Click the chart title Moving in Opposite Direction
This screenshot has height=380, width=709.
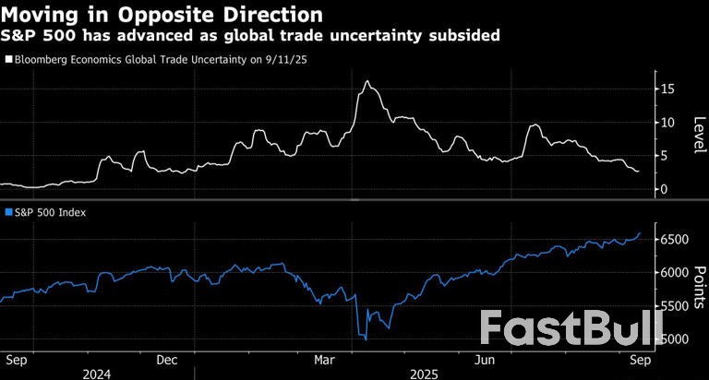(x=162, y=15)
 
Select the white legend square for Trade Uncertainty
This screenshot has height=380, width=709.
(x=8, y=59)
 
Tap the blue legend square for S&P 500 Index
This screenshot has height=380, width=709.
(x=8, y=213)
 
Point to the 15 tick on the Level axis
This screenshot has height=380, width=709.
(x=668, y=89)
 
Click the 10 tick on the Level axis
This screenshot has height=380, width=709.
(x=668, y=123)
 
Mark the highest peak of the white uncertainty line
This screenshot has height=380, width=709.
(x=367, y=81)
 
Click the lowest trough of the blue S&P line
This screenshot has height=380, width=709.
(x=367, y=339)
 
